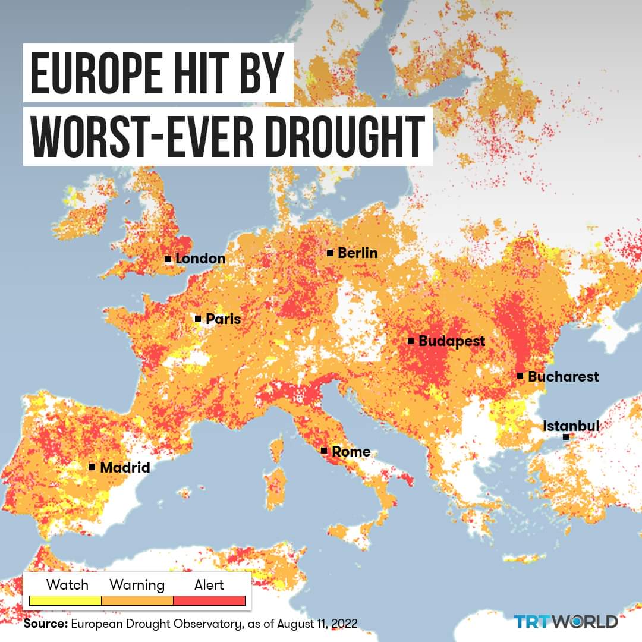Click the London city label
click(200, 259)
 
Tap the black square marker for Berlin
click(330, 253)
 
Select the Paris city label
click(223, 319)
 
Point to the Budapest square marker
click(411, 341)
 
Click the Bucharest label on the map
click(563, 376)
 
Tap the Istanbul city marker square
click(566, 437)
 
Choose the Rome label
click(351, 451)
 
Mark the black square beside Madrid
click(92, 467)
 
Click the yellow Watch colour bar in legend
click(65, 601)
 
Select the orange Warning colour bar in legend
click(137, 601)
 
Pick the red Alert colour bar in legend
click(209, 601)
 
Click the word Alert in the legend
click(209, 585)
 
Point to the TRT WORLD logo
click(565, 622)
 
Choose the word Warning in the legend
click(137, 585)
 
